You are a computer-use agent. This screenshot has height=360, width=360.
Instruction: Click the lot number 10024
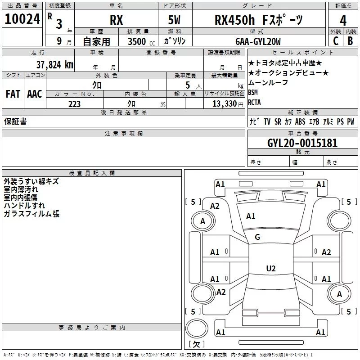22,19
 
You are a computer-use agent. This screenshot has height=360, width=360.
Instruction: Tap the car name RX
116,21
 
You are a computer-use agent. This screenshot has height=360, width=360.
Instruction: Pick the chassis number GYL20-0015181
302,143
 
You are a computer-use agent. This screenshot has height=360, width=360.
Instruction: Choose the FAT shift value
13,94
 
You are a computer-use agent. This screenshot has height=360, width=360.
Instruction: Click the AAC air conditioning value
34,94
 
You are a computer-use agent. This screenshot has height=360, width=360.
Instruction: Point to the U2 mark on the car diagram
270,269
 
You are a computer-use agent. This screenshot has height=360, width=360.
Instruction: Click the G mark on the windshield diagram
257,237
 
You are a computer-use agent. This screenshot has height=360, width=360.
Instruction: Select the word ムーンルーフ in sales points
268,82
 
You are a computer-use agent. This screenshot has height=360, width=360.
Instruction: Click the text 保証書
15,121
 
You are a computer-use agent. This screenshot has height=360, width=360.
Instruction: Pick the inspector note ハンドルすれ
22,206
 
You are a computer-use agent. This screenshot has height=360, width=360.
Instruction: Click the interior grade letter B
350,41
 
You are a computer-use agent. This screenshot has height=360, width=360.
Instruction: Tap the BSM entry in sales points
253,92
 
